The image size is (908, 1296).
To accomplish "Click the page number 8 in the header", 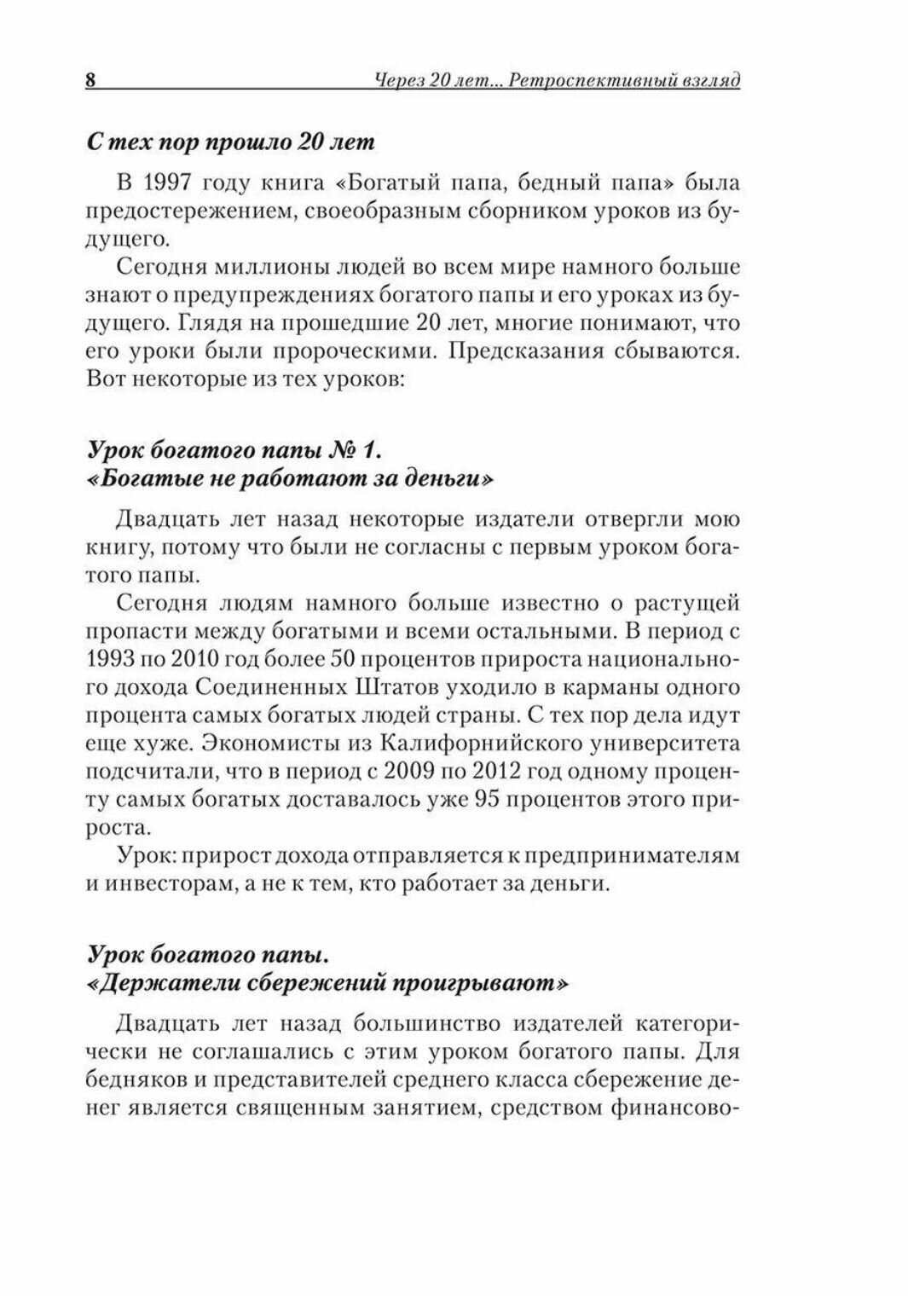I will click(x=90, y=81).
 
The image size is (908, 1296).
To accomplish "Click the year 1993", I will click(x=112, y=659).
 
